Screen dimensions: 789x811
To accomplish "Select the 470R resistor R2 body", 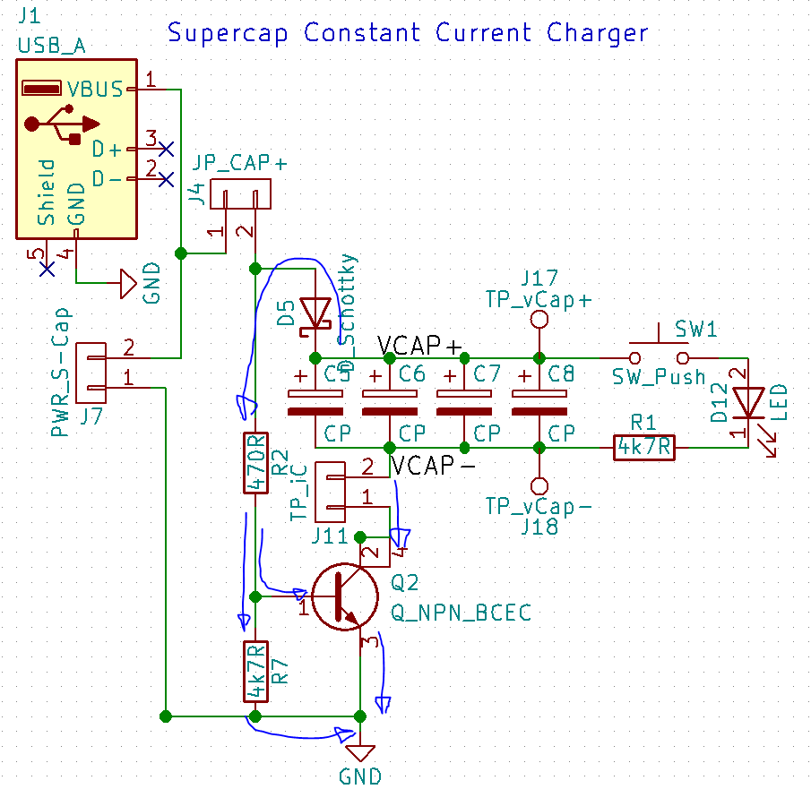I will click(255, 463).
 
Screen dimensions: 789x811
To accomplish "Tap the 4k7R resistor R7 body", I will click(255, 672).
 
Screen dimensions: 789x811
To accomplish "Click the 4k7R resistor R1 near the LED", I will click(644, 447).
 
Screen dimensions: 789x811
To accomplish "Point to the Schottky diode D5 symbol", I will click(315, 313).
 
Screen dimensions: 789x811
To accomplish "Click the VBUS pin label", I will click(96, 89).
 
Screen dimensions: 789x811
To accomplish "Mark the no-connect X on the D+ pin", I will click(166, 149).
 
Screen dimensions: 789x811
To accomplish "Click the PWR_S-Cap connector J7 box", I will click(91, 372).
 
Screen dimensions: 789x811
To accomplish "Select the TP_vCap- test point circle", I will click(539, 485).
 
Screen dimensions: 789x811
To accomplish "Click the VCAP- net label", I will click(431, 466).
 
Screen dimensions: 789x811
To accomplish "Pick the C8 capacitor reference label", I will click(561, 373).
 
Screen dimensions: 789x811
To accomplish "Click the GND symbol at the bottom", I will click(360, 752).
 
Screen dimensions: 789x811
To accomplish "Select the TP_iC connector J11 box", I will click(332, 491).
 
